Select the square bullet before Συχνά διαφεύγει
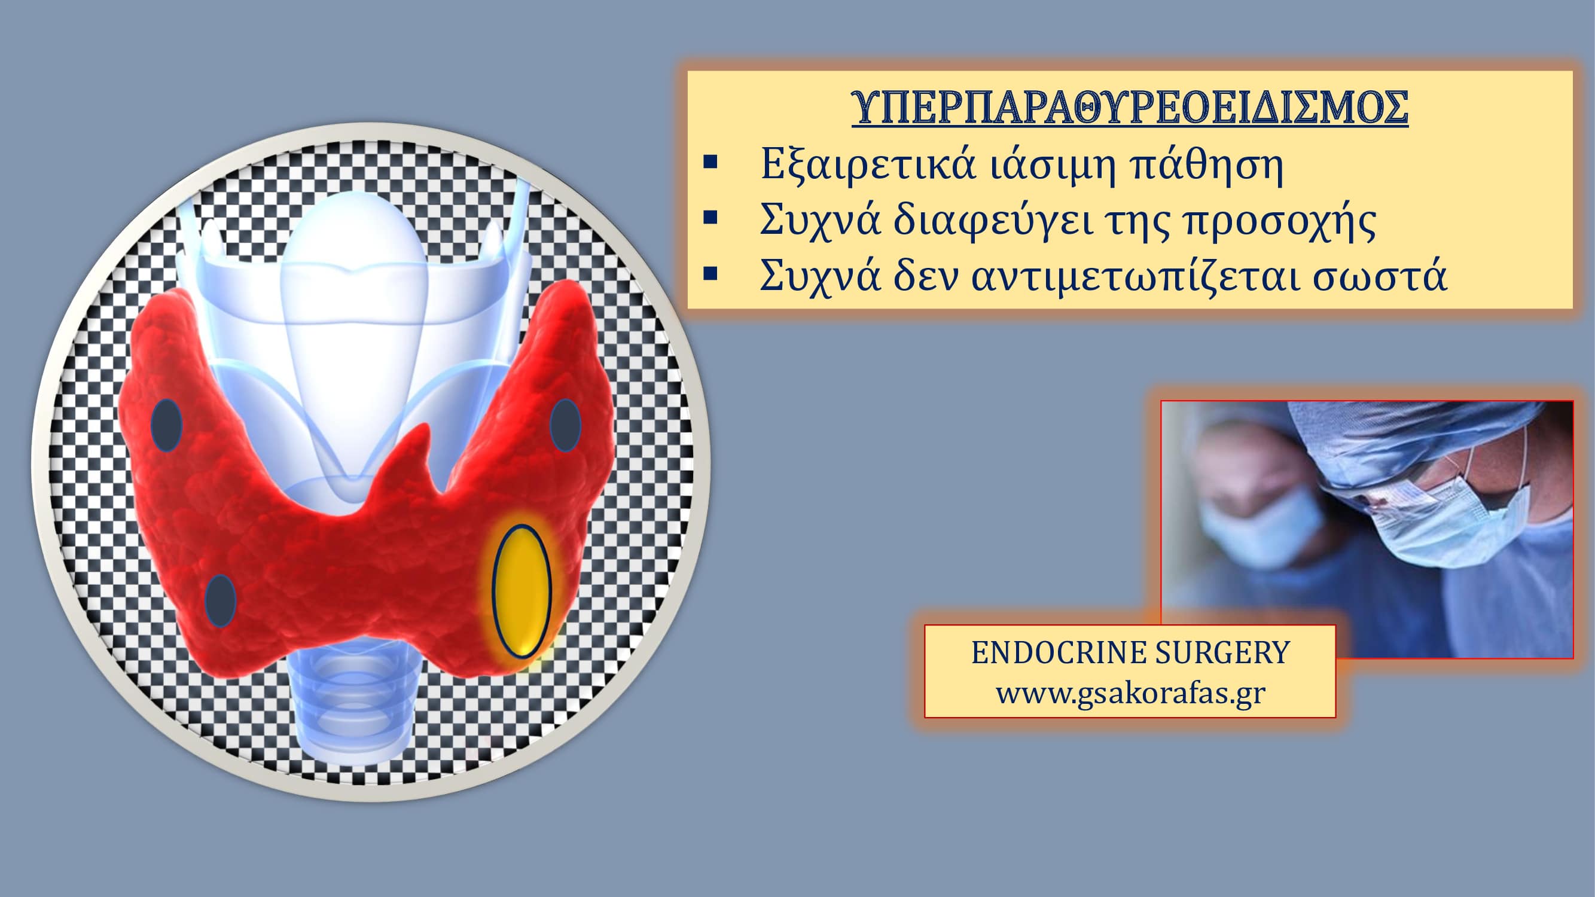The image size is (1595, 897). (710, 216)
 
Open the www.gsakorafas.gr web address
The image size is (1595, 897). (1131, 692)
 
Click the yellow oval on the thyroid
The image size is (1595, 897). (522, 591)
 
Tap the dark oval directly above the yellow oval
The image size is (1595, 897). (565, 425)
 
